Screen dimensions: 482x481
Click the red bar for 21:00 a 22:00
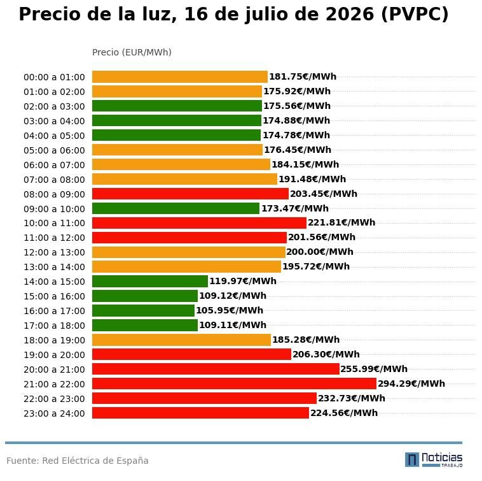(x=234, y=384)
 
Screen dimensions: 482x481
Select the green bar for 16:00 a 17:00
(x=143, y=310)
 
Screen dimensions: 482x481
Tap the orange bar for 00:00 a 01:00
(x=180, y=76)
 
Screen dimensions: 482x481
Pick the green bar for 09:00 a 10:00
(x=176, y=208)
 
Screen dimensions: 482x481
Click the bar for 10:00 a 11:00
(x=199, y=223)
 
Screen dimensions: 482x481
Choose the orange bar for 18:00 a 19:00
(x=181, y=340)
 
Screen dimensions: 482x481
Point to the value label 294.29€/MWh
(x=411, y=384)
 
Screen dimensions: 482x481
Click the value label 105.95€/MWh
(x=230, y=310)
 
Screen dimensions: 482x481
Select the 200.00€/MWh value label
(x=320, y=252)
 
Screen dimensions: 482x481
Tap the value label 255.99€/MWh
(x=374, y=369)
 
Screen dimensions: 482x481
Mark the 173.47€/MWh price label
(x=295, y=208)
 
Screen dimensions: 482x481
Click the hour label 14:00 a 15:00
(x=54, y=282)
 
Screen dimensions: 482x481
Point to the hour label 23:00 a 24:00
(x=54, y=413)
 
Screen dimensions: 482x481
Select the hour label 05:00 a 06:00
(x=54, y=150)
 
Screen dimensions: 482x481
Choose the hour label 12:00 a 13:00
(x=54, y=252)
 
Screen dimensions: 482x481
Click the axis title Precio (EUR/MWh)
(x=132, y=52)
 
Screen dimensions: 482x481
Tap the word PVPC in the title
(x=415, y=14)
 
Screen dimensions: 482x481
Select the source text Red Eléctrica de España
(x=95, y=461)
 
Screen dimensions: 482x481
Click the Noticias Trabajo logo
(x=434, y=460)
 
